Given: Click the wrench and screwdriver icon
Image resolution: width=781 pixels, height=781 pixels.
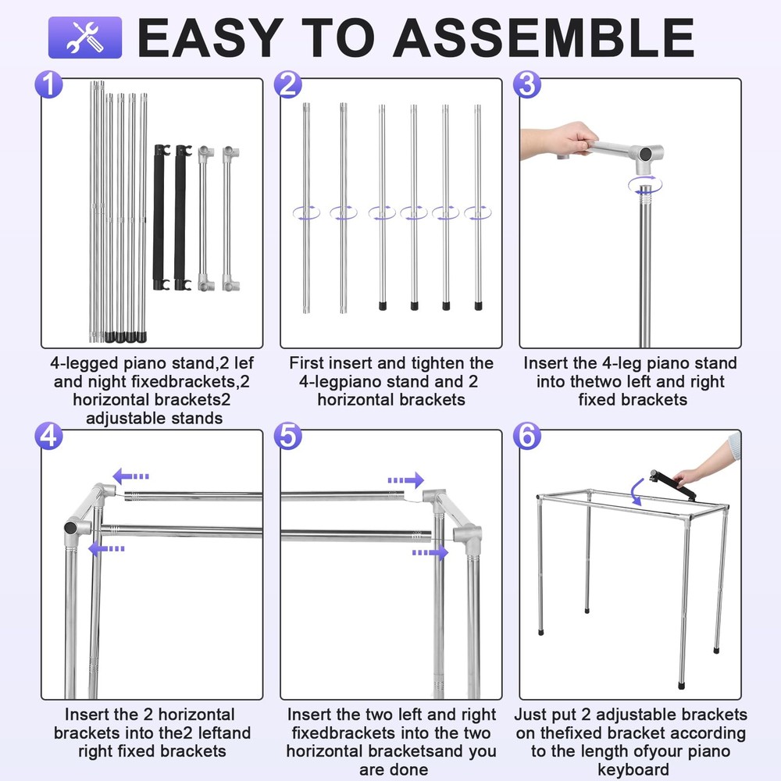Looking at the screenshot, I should click(85, 37).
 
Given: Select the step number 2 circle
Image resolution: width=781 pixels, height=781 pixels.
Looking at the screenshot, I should click(289, 84).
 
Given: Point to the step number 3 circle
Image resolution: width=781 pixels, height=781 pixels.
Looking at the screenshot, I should click(528, 84).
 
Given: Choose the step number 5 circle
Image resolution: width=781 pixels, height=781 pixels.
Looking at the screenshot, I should click(289, 436).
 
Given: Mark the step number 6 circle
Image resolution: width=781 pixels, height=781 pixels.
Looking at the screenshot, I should click(528, 436).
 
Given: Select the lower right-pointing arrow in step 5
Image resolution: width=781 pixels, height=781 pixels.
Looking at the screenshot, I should click(430, 552).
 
